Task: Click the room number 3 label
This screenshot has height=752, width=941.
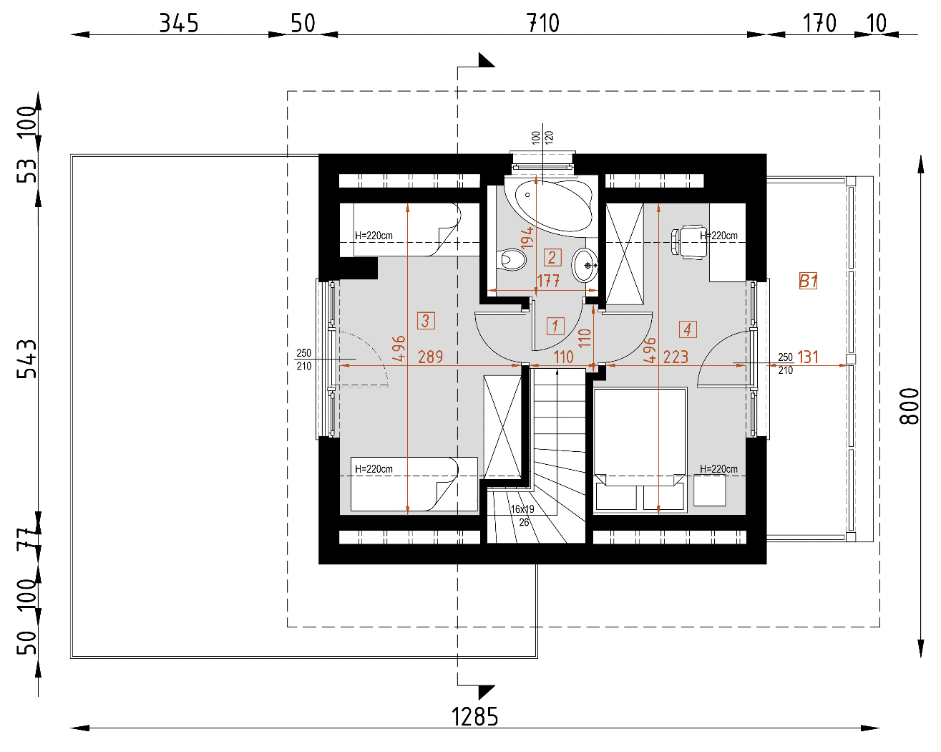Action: [426, 320]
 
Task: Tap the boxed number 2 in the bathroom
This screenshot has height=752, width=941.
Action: [552, 257]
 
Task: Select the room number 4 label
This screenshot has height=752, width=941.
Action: [688, 329]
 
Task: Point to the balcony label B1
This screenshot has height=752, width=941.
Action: [808, 281]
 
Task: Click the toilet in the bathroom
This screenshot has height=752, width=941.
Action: [511, 260]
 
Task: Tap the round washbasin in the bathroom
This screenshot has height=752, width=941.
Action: [584, 265]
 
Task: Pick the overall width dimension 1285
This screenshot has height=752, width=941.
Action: [474, 717]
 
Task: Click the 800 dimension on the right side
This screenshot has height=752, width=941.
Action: [909, 406]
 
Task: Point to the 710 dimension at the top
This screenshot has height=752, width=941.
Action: [542, 23]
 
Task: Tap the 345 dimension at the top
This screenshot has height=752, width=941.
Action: [178, 23]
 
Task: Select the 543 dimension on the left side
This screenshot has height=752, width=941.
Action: [26, 359]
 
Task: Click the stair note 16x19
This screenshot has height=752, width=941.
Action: [522, 509]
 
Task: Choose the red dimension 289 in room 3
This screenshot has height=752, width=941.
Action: [430, 357]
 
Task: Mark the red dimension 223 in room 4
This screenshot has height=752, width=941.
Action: [676, 357]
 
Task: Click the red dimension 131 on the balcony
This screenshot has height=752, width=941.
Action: [808, 357]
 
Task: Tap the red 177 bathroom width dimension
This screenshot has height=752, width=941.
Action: [548, 281]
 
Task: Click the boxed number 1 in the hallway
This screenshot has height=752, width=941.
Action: [555, 326]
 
